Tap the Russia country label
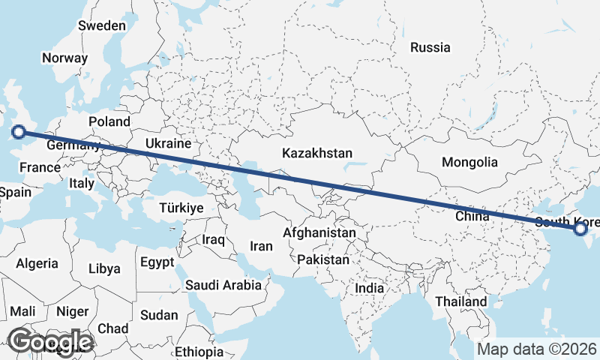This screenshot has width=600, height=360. (x=430, y=48)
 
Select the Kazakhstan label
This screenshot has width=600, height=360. (x=317, y=153)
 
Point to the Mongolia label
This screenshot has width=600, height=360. (x=469, y=162)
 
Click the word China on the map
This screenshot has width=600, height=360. (x=472, y=216)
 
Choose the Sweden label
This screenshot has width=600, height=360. (x=102, y=25)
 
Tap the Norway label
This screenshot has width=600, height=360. (x=65, y=58)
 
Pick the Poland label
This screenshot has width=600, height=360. (x=109, y=121)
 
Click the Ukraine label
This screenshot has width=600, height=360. (x=169, y=143)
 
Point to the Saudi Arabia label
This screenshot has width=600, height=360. (x=223, y=285)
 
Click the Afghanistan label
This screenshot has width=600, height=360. (x=319, y=233)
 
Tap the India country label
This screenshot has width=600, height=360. (x=369, y=288)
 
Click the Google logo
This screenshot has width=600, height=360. (x=50, y=341)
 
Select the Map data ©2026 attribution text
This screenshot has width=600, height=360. (x=536, y=349)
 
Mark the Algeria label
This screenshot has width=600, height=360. (x=37, y=263)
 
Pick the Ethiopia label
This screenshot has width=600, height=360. (x=198, y=352)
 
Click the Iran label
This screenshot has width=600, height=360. (x=261, y=246)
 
